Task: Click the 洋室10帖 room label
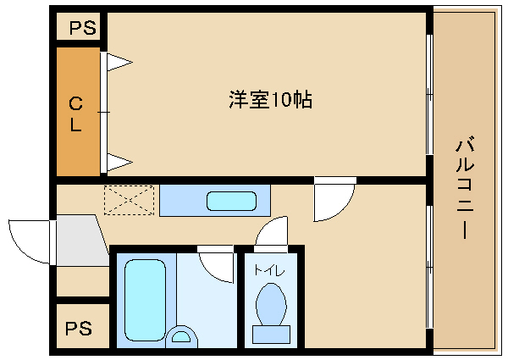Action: coord(271,99)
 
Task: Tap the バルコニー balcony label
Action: coord(465,189)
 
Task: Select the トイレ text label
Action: coord(269,270)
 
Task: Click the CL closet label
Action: coord(76,114)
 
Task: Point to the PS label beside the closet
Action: coord(83,28)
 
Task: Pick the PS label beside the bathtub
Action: coord(79,329)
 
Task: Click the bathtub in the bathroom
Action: coord(145,300)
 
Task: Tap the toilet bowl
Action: coord(271,305)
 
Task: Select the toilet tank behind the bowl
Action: coord(271,335)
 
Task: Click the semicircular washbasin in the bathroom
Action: coord(181,337)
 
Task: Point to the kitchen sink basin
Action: coord(232,201)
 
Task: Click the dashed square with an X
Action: coord(129,200)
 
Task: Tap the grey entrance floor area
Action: coord(81,241)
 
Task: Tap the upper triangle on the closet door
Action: coord(119,62)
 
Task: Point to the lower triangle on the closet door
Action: coord(119,162)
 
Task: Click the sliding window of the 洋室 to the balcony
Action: coord(429,94)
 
